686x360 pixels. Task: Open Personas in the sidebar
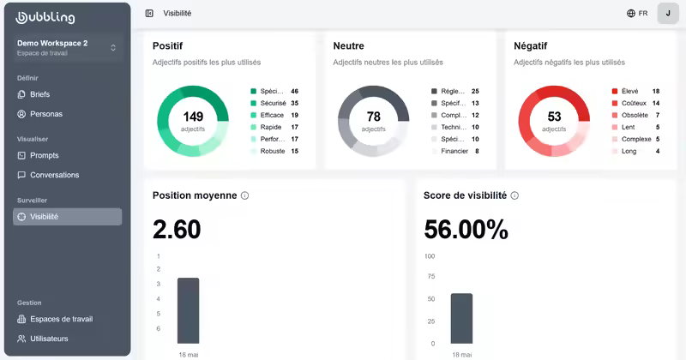pos(39,114)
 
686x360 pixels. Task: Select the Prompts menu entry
pos(38,155)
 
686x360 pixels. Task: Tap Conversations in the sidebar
pos(48,175)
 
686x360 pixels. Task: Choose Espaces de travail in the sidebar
pos(55,319)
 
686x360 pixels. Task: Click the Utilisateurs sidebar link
pos(42,339)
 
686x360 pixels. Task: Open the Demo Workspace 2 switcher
pos(68,48)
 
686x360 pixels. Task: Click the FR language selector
pos(637,14)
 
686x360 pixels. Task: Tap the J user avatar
pos(668,13)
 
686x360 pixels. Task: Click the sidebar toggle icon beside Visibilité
pos(149,14)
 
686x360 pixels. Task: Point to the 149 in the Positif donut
pos(193,117)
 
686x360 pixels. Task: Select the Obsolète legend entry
pos(635,115)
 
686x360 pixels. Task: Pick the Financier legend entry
pos(455,151)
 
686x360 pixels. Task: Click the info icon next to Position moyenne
pos(245,195)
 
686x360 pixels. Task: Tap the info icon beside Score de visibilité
pos(515,195)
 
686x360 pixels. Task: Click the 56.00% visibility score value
pos(466,229)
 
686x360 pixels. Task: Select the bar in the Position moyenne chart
pos(188,310)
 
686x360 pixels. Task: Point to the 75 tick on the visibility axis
pos(431,277)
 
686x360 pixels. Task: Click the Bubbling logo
pos(45,17)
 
